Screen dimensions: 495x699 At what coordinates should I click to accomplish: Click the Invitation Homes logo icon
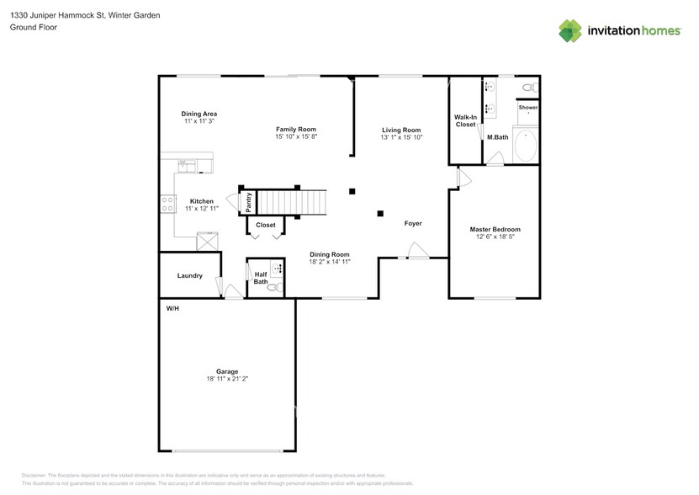pos(571,30)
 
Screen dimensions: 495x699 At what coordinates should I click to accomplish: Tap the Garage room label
pos(227,371)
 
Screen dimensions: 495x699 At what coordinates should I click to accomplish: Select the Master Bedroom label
pos(495,229)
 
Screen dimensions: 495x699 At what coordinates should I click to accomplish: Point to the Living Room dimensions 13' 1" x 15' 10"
pos(401,137)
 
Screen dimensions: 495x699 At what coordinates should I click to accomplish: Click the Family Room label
pos(296,129)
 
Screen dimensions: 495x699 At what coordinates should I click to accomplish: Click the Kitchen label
pos(201,201)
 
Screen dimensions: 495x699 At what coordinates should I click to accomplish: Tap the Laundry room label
pos(189,275)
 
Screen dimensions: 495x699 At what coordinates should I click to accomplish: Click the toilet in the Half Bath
pos(272,288)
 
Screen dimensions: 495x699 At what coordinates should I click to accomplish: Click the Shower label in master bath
pos(527,108)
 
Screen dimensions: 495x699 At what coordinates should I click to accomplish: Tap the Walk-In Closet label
pos(465,120)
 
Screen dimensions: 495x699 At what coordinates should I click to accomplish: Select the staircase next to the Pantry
pos(291,202)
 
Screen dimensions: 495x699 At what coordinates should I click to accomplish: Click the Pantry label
pos(249,202)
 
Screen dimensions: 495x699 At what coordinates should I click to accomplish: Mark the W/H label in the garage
pos(172,309)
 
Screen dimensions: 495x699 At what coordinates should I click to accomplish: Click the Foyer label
pos(412,223)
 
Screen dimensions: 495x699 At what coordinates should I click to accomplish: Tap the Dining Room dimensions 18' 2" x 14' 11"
pos(329,262)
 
